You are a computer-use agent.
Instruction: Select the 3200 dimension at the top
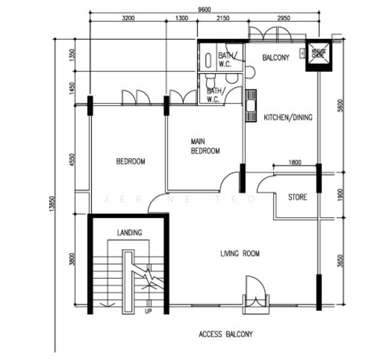click(128, 18)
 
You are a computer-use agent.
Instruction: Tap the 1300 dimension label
click(182, 18)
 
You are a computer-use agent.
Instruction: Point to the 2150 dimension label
click(222, 18)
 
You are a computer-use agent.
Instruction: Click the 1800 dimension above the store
click(295, 163)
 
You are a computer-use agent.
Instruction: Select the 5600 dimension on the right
click(340, 106)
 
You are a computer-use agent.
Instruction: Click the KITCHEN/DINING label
click(288, 118)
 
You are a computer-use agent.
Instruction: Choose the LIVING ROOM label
click(240, 254)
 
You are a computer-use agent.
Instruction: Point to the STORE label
click(297, 197)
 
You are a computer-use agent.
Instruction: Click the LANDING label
click(129, 233)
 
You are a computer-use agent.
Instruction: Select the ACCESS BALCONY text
click(225, 334)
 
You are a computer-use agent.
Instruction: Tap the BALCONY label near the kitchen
click(276, 58)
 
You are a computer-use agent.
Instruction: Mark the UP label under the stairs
click(148, 311)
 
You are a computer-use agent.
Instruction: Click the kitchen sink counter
click(251, 106)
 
